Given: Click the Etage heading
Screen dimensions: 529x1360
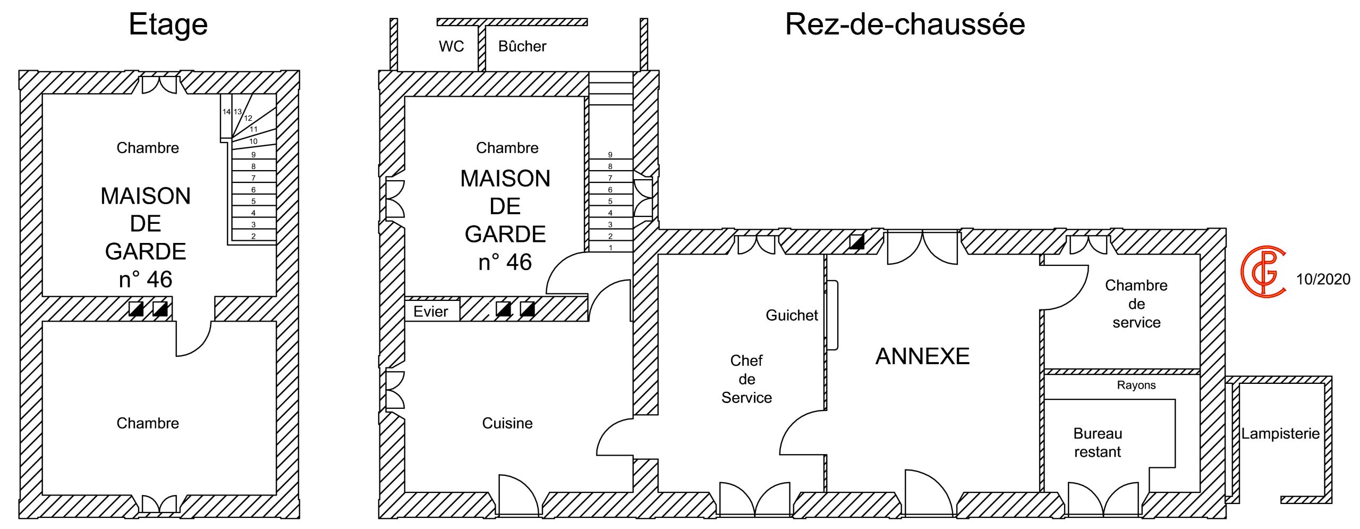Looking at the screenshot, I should pos(168,24).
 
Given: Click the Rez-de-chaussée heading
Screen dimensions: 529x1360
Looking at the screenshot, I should pos(905,24).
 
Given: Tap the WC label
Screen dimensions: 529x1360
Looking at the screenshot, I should pos(451,47).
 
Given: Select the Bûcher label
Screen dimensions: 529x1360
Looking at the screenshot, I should pos(522,47).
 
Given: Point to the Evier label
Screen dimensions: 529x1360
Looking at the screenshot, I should pos(430,312).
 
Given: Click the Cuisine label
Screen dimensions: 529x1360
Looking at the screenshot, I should pos(507,423).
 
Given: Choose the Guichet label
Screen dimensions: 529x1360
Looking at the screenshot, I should pos(791,315).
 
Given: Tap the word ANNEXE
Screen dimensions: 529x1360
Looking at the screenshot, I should pos(922,356).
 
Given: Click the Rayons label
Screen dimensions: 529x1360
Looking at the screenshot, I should pos(1136,385).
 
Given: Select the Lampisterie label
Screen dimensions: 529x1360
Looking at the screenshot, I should pos(1280,434).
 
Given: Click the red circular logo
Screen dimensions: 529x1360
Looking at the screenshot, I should pos(1263,271).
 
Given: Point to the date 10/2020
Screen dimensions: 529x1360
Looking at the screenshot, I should pos(1323,279).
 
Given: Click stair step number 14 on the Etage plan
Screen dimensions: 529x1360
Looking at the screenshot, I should pos(226,112).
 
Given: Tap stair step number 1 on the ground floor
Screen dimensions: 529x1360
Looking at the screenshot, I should pos(610,248).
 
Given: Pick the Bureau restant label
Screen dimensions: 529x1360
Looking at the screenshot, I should pos(1097,442).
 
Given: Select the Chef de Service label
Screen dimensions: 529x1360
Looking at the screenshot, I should pos(746,379).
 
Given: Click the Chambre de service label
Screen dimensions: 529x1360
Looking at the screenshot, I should pos(1136,304).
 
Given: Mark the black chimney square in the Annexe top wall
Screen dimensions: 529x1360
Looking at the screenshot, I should pos(856,242).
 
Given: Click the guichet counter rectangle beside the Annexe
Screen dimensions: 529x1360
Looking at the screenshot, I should pos(832,315).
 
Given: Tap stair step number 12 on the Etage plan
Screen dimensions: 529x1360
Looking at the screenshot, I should pos(248,118).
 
